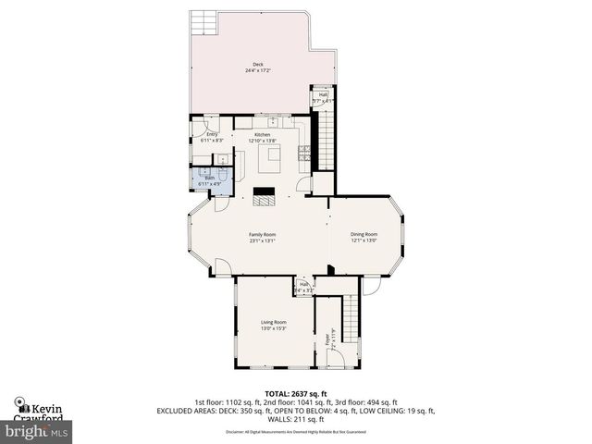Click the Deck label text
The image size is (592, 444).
coord(258,64)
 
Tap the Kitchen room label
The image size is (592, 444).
coord(263,135)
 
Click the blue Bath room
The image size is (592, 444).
coord(208,177)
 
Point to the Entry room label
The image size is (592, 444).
coord(212,134)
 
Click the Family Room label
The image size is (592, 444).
coord(262,235)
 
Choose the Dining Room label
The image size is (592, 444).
coord(364,235)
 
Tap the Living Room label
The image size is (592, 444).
coord(273,322)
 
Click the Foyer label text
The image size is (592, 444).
coord(327,340)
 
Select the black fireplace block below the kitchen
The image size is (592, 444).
coord(265,195)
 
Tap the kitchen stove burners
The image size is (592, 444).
coord(303,153)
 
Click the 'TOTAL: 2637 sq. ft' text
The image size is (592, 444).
coord(295,393)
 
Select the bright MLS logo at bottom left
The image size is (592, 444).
coord(37,431)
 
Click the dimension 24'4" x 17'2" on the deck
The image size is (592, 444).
coord(258,70)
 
